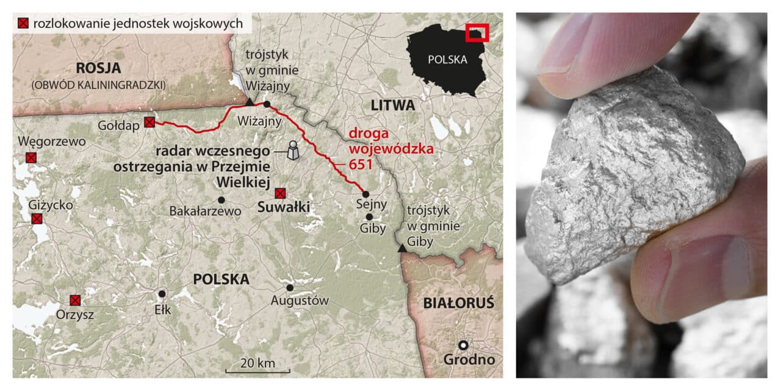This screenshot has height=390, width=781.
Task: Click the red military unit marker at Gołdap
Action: pyautogui.click(x=149, y=122)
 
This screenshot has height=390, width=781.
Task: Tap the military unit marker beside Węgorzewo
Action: pyautogui.click(x=31, y=158)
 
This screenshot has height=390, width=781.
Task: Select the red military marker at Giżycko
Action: pyautogui.click(x=37, y=219)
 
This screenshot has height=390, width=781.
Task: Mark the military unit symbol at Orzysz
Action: pyautogui.click(x=75, y=300)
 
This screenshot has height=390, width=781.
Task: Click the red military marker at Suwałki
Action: pyautogui.click(x=280, y=193)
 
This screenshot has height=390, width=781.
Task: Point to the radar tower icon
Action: pyautogui.click(x=293, y=150)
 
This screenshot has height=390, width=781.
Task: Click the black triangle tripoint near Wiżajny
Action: pyautogui.click(x=250, y=102)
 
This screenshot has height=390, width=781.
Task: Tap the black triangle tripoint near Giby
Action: pyautogui.click(x=401, y=248)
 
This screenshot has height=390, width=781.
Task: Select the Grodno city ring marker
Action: pyautogui.click(x=463, y=345)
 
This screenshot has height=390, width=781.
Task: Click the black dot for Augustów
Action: pyautogui.click(x=290, y=288)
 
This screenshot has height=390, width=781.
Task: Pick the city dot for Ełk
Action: pyautogui.click(x=162, y=294)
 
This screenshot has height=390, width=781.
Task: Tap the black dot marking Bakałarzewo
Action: pyautogui.click(x=221, y=200)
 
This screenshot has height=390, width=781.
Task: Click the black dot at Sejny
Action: pyautogui.click(x=365, y=194)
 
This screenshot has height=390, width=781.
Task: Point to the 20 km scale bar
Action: pyautogui.click(x=257, y=370)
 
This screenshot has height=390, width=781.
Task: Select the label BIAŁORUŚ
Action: pyautogui.click(x=459, y=303)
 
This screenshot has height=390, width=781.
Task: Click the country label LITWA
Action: pyautogui.click(x=392, y=105)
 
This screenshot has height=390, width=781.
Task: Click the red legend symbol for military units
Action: pyautogui.click(x=23, y=24)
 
